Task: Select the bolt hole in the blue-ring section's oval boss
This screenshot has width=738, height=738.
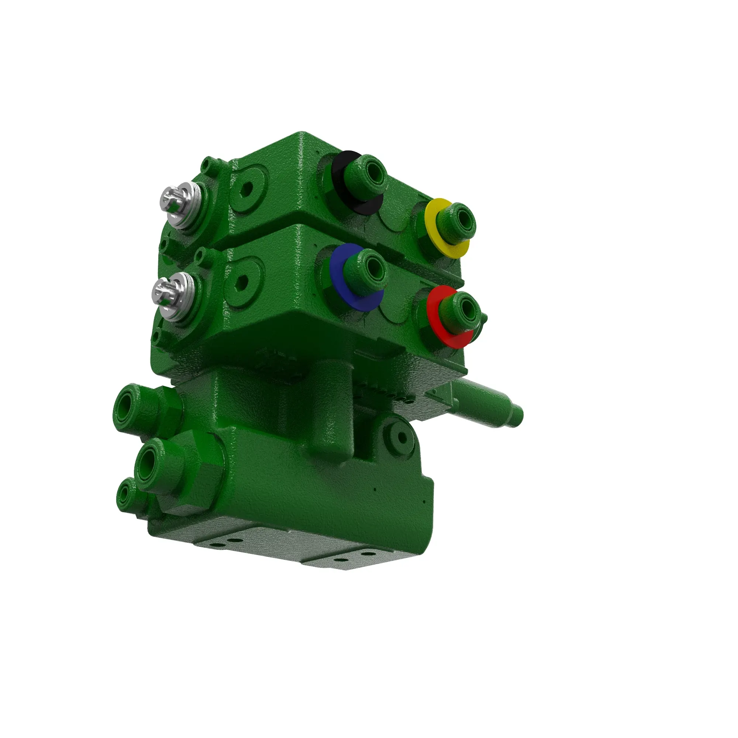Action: click(242, 282)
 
